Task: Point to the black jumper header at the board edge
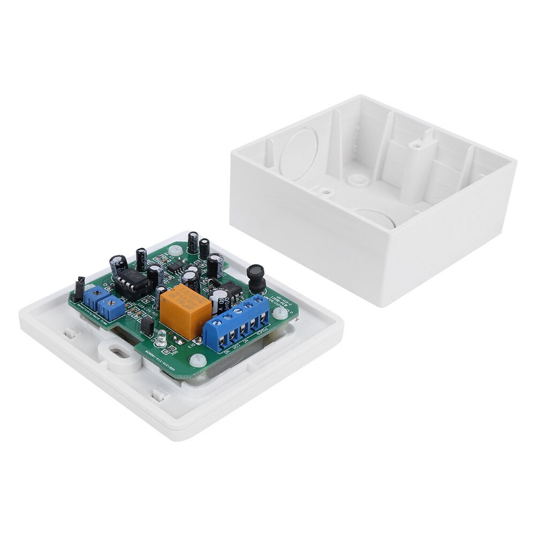pos(79,288)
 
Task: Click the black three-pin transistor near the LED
pos(147,327)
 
